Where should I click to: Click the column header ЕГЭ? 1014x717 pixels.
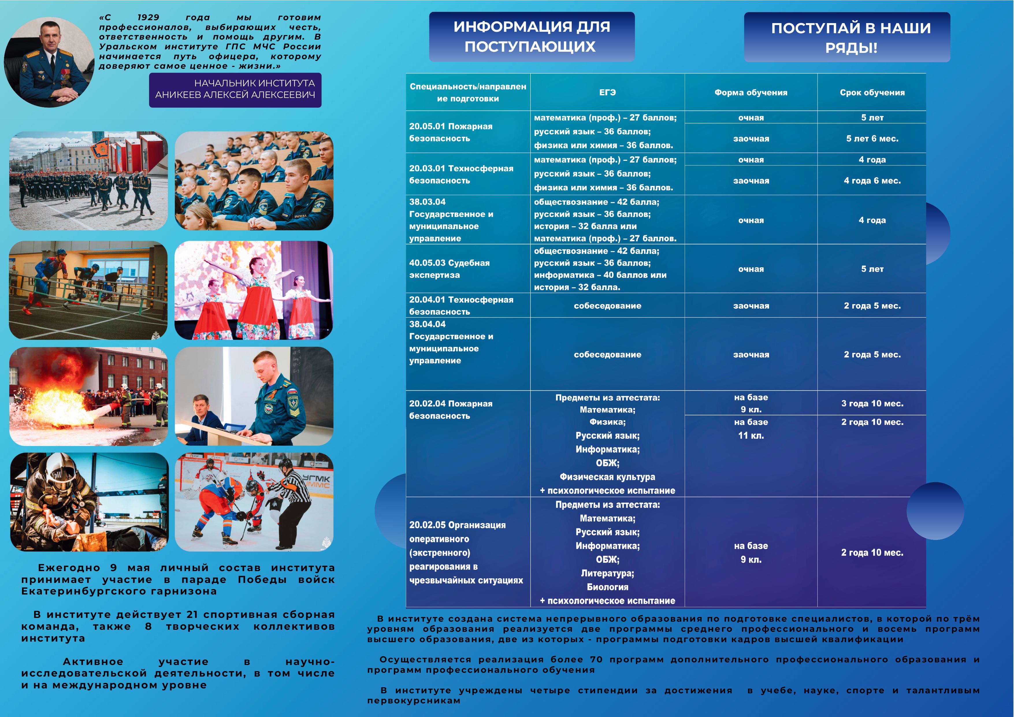[607, 92]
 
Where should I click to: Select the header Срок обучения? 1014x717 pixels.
[872, 92]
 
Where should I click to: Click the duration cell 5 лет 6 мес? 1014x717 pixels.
[872, 139]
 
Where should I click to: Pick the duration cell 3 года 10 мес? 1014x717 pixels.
[872, 403]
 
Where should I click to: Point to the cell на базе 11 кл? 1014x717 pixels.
[751, 429]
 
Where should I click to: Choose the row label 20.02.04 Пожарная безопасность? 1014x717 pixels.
[450, 409]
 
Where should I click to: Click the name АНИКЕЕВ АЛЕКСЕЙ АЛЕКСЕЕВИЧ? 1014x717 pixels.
[235, 95]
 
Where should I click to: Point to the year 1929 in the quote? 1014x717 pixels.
[148, 18]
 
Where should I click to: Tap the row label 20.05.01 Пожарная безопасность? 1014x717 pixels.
[450, 132]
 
